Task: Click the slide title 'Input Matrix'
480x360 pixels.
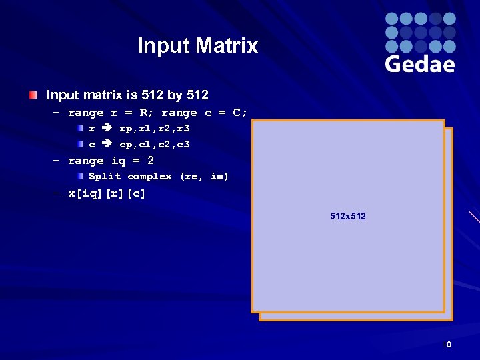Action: pyautogui.click(x=197, y=45)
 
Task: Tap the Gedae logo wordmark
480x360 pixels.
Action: pyautogui.click(x=420, y=64)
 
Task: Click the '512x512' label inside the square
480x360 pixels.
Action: pyautogui.click(x=348, y=217)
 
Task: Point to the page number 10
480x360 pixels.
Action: pyautogui.click(x=447, y=345)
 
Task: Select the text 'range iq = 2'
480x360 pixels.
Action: pyautogui.click(x=111, y=161)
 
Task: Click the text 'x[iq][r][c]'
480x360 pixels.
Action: pyautogui.click(x=107, y=194)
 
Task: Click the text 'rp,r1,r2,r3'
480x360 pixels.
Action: pyautogui.click(x=155, y=129)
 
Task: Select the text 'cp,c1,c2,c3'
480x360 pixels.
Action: pyautogui.click(x=155, y=144)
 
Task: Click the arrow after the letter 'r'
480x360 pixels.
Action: pyautogui.click(x=107, y=129)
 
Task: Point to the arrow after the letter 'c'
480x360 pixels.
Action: pyautogui.click(x=107, y=144)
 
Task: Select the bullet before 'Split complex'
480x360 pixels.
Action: pyautogui.click(x=80, y=177)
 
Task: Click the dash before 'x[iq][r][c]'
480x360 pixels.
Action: pyautogui.click(x=57, y=194)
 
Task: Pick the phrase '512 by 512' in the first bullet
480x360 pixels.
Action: pyautogui.click(x=175, y=95)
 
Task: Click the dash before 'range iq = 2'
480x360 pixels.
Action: pyautogui.click(x=57, y=161)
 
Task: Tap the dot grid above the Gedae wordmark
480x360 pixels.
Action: pyautogui.click(x=420, y=32)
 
